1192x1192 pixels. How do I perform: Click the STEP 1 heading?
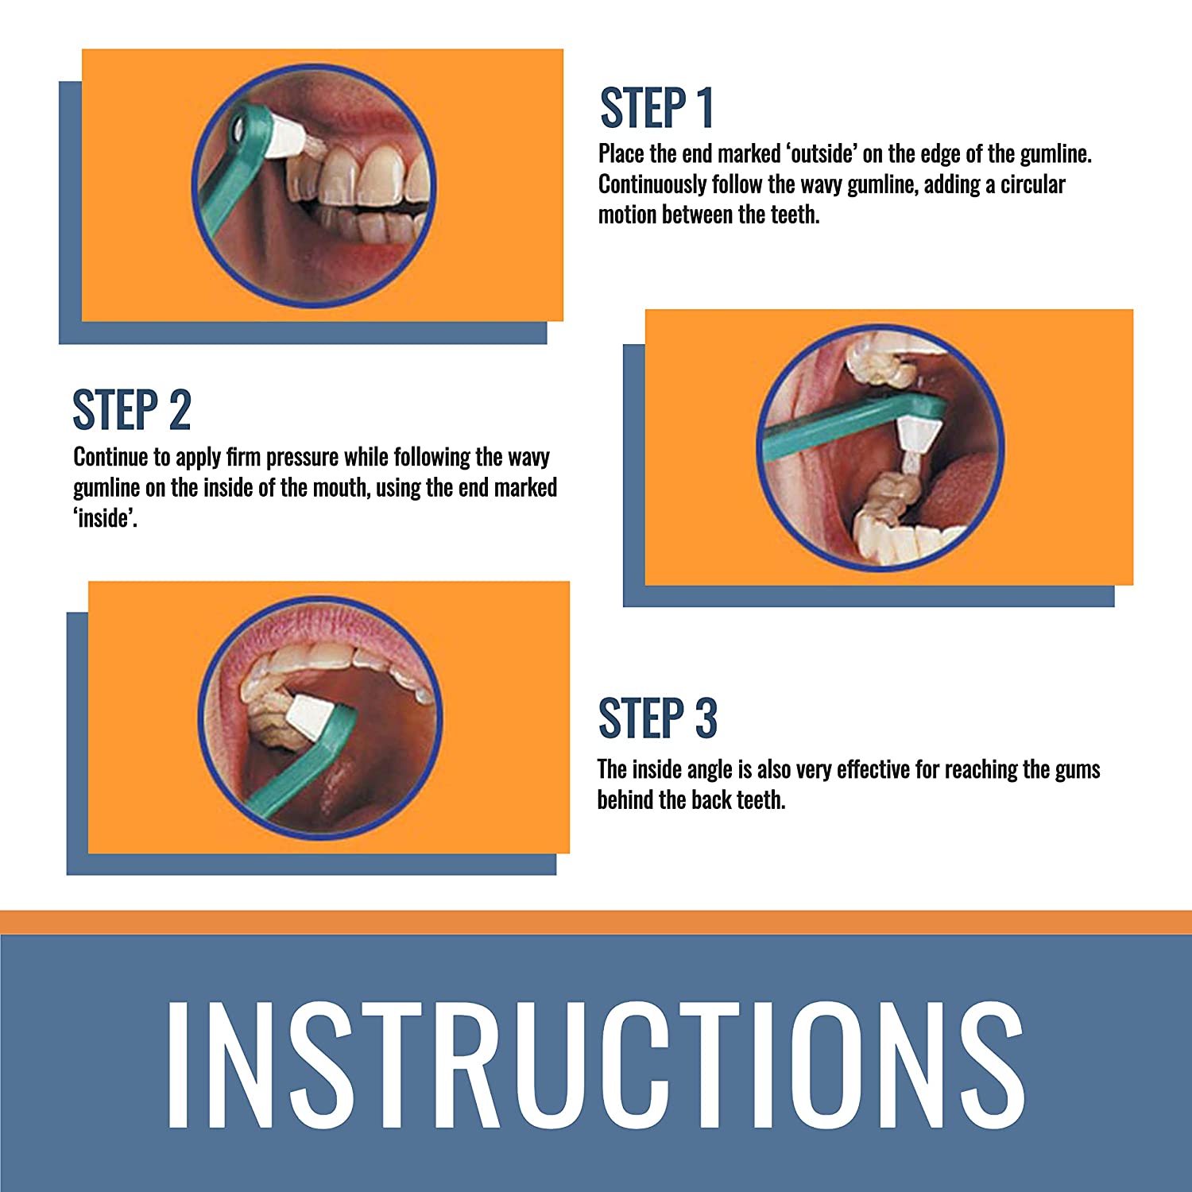click(x=656, y=108)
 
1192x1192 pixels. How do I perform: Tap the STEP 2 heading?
click(x=132, y=410)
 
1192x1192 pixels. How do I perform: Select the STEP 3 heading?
click(x=658, y=718)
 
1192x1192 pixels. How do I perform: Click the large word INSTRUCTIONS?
click(x=595, y=1064)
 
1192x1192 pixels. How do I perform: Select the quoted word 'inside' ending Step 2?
click(x=106, y=518)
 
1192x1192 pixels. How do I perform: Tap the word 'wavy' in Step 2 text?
click(x=528, y=458)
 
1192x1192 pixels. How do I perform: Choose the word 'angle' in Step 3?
click(x=711, y=770)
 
